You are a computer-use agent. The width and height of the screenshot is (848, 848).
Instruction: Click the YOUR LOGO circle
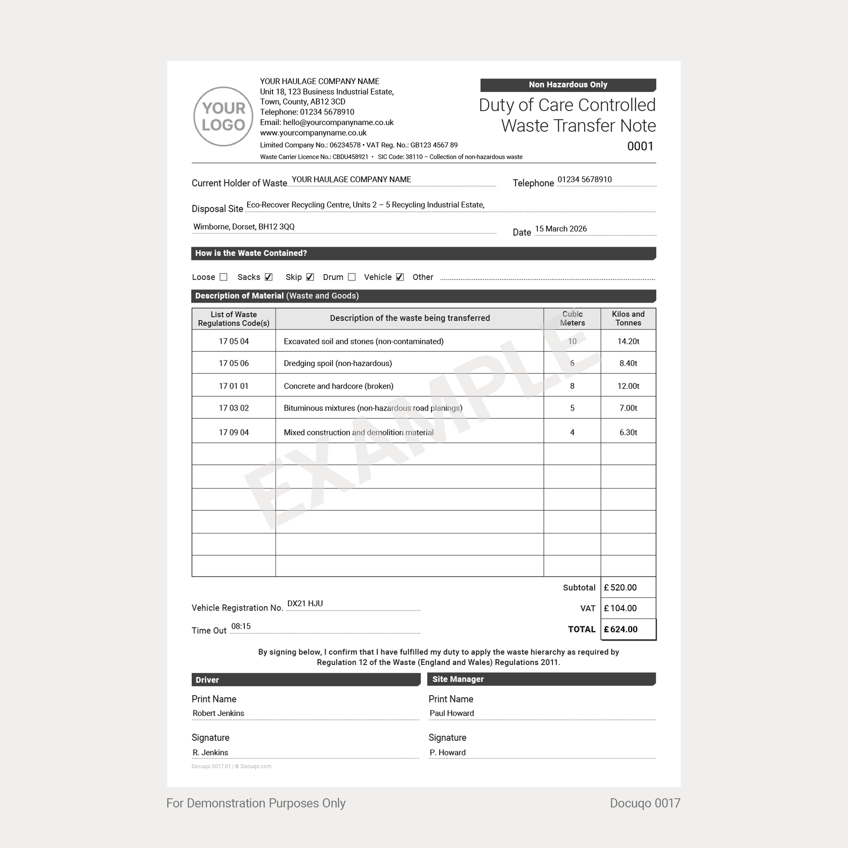[x=223, y=116]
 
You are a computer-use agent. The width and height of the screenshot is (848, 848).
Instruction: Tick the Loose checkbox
[x=224, y=277]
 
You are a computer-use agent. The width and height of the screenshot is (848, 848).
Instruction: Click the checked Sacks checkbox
[x=268, y=277]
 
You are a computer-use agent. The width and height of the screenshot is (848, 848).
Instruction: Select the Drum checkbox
[x=352, y=277]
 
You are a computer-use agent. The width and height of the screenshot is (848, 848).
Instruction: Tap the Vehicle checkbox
[x=400, y=277]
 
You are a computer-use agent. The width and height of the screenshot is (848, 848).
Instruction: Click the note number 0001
[x=640, y=146]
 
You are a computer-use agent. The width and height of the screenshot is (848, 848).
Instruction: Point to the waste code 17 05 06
[x=234, y=363]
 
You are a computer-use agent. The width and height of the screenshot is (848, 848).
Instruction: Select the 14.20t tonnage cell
[x=628, y=342]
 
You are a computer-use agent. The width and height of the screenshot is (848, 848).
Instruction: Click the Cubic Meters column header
[x=572, y=318]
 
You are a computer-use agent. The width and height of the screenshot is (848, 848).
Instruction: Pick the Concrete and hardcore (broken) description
[x=339, y=386]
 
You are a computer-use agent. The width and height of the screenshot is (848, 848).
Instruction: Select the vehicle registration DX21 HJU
[x=305, y=604]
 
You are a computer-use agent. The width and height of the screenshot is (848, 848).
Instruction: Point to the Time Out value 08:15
[x=241, y=626]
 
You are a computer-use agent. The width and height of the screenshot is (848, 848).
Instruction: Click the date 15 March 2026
[x=560, y=229]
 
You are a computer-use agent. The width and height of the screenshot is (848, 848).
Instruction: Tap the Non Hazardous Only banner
[x=567, y=85]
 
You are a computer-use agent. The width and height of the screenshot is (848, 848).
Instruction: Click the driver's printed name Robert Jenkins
[x=218, y=713]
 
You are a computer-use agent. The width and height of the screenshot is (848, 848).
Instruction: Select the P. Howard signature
[x=447, y=752]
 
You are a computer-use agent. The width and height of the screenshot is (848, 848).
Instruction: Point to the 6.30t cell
[x=628, y=432]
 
